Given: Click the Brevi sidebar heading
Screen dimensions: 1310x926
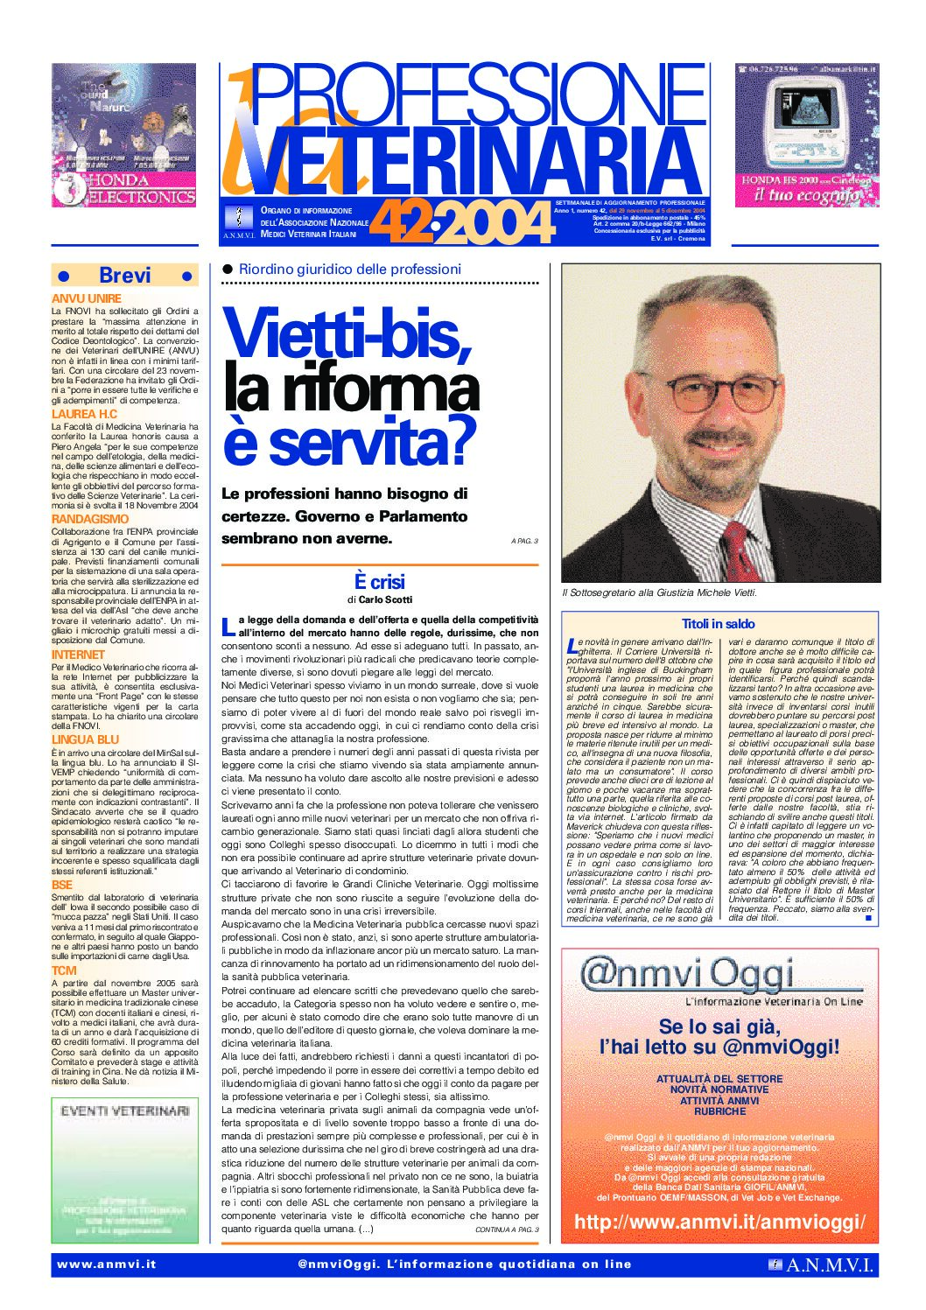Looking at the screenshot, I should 125,276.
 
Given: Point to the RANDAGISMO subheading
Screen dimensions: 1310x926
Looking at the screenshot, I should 90,519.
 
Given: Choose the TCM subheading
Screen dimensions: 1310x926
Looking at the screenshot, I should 64,970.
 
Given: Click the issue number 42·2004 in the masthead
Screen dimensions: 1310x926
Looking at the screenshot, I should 462,224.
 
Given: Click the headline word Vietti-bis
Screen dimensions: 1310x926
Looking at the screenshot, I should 347,334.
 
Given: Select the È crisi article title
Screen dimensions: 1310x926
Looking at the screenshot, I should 379,582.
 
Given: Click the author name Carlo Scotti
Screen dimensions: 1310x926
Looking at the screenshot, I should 385,600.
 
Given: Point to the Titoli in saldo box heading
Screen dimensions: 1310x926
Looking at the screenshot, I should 718,624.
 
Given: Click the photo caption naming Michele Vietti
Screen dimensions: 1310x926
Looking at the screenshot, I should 659,593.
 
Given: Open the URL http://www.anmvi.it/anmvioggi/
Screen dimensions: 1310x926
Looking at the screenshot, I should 719,1222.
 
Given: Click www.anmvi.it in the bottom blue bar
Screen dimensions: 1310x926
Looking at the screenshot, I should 106,1264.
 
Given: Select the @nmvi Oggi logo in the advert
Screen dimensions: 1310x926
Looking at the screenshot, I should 688,975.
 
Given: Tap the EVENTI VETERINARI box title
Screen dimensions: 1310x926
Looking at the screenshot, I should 124,1110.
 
